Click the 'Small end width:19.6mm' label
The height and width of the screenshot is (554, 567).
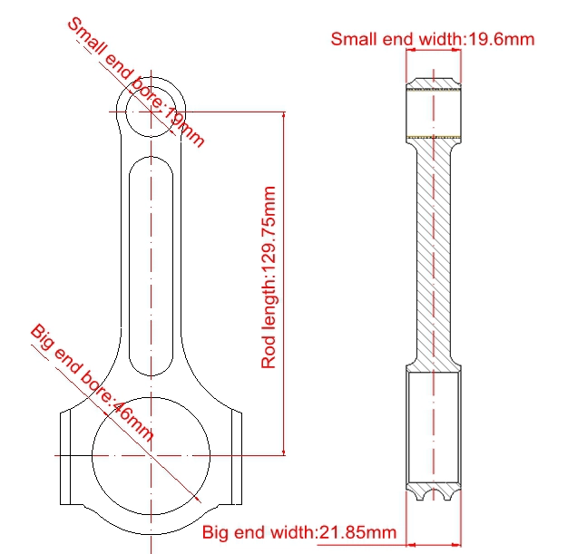(x=433, y=39)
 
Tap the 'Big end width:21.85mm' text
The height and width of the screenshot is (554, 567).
(x=299, y=532)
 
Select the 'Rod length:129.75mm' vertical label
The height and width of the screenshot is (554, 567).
(x=269, y=277)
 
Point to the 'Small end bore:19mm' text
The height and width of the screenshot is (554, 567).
(x=136, y=83)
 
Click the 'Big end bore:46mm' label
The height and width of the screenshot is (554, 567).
(x=93, y=383)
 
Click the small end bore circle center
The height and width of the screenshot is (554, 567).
(x=151, y=112)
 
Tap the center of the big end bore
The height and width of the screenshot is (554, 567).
(x=152, y=456)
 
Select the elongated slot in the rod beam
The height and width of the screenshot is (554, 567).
(x=151, y=266)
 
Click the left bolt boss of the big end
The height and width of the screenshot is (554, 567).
(x=65, y=458)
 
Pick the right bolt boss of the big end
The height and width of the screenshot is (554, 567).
(x=237, y=458)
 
